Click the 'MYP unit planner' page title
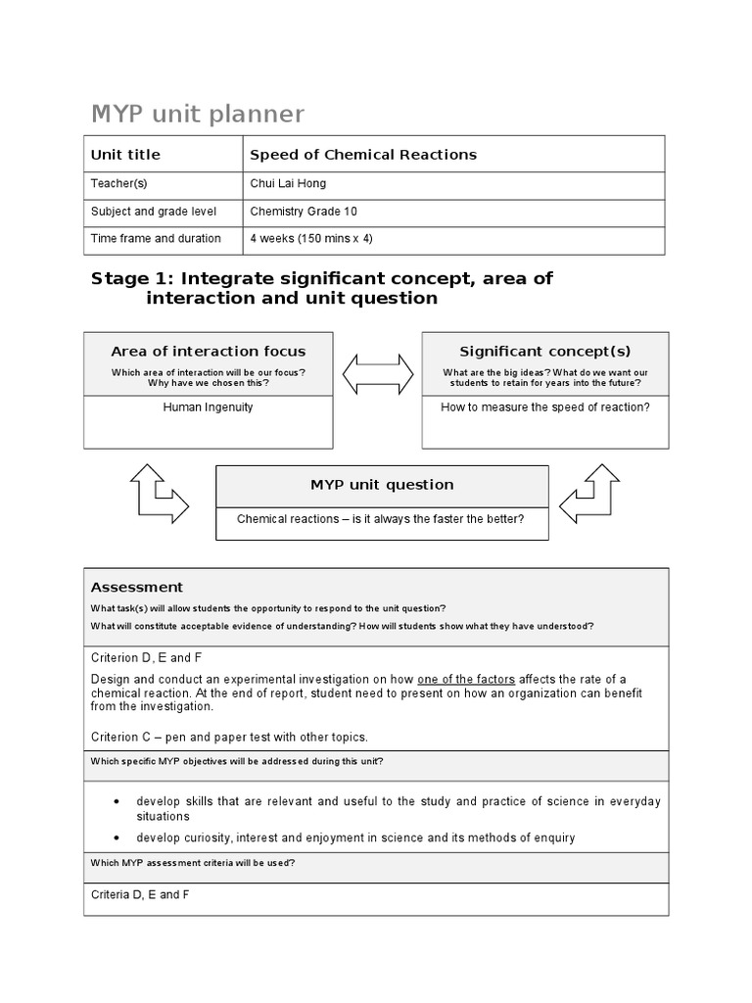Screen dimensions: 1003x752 197,115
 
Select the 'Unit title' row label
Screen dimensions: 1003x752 125,155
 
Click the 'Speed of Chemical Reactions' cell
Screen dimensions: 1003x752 363,155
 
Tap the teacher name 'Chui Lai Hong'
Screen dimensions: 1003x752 288,184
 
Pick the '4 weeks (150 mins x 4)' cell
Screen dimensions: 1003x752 311,239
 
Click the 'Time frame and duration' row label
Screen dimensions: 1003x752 156,239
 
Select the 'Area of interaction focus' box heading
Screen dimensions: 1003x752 208,352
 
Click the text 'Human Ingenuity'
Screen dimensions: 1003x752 208,407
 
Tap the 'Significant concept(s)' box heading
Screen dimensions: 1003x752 545,352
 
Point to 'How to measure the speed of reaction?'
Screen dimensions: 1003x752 545,407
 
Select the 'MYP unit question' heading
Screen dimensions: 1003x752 382,485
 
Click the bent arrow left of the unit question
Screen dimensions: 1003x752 159,494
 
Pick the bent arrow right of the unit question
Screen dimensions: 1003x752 590,494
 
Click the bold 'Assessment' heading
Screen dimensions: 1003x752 137,588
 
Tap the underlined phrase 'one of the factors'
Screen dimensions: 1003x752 466,680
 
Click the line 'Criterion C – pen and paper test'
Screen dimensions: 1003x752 229,738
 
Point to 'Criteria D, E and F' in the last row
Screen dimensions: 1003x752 140,895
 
